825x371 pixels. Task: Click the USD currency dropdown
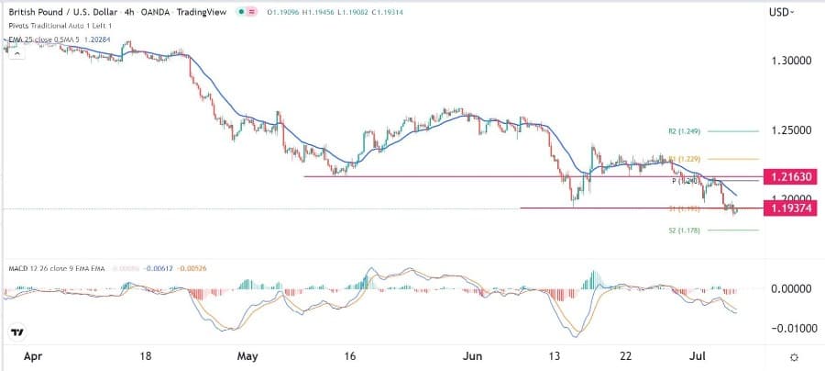click(781, 12)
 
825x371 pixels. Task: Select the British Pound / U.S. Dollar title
click(65, 12)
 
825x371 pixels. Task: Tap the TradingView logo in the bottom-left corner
click(16, 332)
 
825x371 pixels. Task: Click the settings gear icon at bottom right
click(794, 356)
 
